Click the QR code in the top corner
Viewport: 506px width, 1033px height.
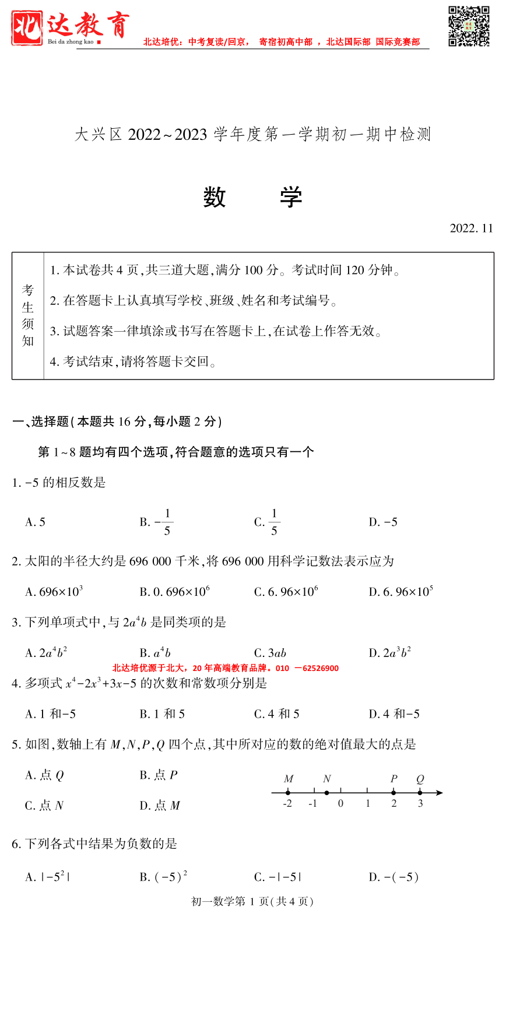[468, 26]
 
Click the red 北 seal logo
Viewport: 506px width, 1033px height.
[27, 28]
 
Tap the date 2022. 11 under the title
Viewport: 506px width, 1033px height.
[471, 228]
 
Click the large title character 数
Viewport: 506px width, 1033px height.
[215, 197]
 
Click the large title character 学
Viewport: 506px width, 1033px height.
[291, 197]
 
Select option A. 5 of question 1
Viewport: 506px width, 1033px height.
[36, 522]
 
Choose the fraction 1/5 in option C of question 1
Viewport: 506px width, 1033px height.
[274, 522]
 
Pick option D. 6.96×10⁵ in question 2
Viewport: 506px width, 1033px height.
[400, 592]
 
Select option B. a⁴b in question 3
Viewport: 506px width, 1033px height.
[155, 653]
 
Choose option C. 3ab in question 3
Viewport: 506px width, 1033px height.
[270, 653]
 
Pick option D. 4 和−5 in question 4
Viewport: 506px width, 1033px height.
[394, 714]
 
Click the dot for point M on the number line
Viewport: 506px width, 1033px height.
[288, 792]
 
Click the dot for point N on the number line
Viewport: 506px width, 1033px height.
[326, 792]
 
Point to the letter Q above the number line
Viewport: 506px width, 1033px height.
[420, 779]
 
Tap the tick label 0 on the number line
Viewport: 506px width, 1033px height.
[340, 803]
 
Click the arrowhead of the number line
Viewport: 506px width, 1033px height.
[440, 792]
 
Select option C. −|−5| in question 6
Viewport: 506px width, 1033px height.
[277, 877]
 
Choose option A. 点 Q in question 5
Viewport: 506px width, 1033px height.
[44, 775]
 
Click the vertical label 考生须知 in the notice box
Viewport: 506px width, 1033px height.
[28, 315]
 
